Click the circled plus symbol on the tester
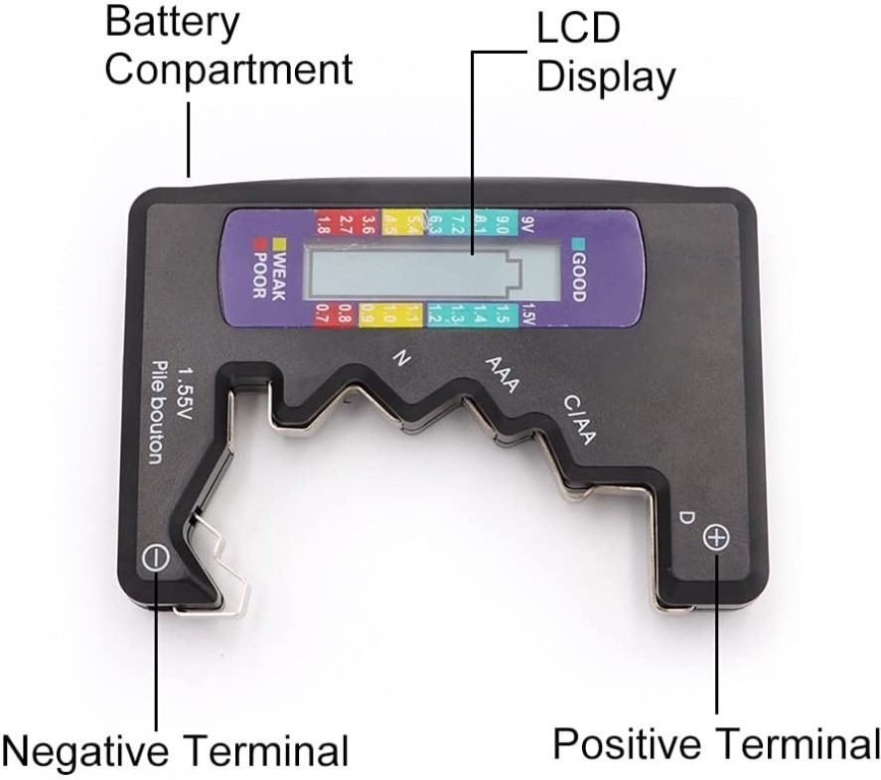[x=715, y=539]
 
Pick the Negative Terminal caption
[x=175, y=749]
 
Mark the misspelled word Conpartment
[x=228, y=69]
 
